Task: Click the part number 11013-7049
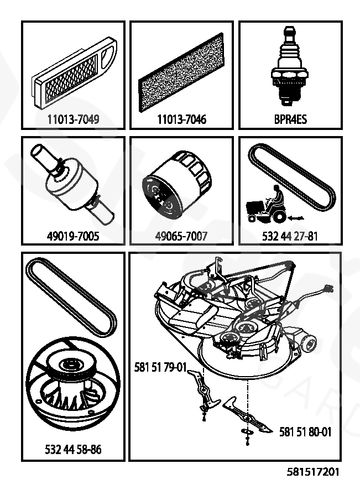pyautogui.click(x=73, y=119)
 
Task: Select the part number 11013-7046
pyautogui.click(x=181, y=119)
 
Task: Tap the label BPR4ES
pyautogui.click(x=290, y=119)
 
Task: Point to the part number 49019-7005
pyautogui.click(x=73, y=237)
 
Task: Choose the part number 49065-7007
pyautogui.click(x=181, y=237)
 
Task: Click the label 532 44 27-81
pyautogui.click(x=290, y=237)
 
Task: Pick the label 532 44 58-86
pyautogui.click(x=73, y=450)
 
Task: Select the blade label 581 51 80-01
pyautogui.click(x=305, y=432)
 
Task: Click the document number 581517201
pyautogui.click(x=313, y=472)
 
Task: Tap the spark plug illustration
pyautogui.click(x=289, y=69)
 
